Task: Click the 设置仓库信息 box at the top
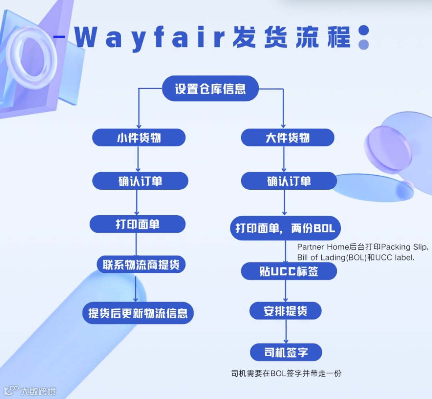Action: [x=210, y=88]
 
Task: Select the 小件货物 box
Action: [x=139, y=138]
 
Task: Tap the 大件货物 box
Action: [x=287, y=138]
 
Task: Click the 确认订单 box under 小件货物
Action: [x=140, y=181]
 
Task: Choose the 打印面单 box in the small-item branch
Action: [x=137, y=224]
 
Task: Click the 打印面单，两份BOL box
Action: [x=285, y=228]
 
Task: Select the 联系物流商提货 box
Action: [x=141, y=264]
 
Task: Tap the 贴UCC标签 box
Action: [x=289, y=271]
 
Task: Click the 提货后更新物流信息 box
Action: [x=138, y=313]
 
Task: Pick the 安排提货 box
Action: [x=285, y=311]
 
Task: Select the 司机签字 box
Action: [x=286, y=352]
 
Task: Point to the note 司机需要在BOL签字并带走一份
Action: [x=286, y=374]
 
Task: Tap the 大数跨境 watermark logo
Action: [x=30, y=390]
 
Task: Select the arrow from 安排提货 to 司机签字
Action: [x=286, y=331]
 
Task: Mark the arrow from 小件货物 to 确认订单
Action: [x=138, y=159]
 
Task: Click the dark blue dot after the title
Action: [x=364, y=30]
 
